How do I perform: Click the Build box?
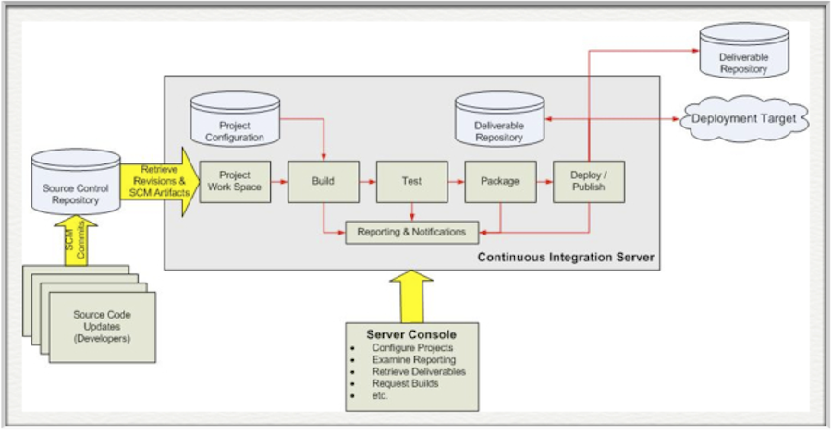(x=324, y=182)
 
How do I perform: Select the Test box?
(x=411, y=182)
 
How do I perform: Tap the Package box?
(x=499, y=182)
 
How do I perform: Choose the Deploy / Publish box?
(x=588, y=182)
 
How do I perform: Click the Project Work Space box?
(x=235, y=182)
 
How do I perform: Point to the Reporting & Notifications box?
(x=412, y=232)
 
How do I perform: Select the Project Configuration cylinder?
(x=234, y=121)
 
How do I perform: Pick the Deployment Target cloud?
(x=745, y=119)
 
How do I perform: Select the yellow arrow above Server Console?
(x=412, y=295)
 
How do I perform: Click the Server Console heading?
(x=411, y=332)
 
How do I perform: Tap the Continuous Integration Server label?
(x=566, y=255)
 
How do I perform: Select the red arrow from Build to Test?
(x=367, y=182)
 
